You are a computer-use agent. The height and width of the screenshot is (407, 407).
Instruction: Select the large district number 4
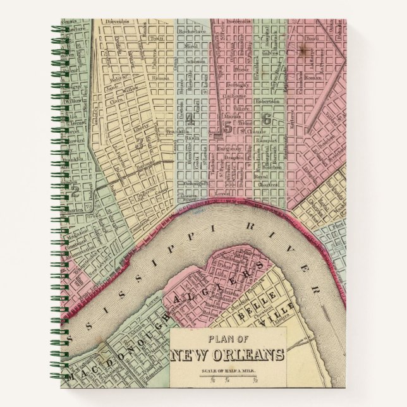point(190,120)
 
